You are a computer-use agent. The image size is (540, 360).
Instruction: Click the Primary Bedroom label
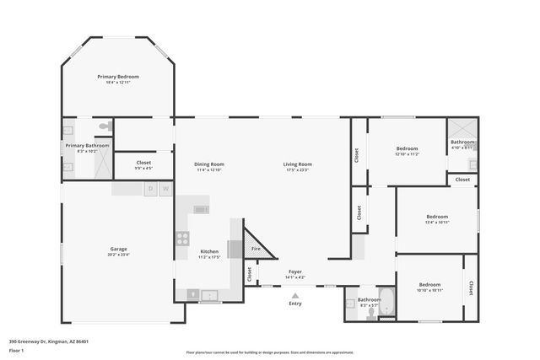pyautogui.click(x=117, y=77)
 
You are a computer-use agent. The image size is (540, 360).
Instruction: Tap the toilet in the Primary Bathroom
pyautogui.click(x=104, y=126)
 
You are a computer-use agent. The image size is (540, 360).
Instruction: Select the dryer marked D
pyautogui.click(x=150, y=188)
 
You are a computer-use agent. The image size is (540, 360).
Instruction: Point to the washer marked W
pyautogui.click(x=165, y=188)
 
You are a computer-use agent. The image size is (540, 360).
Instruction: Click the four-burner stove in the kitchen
pyautogui.click(x=182, y=239)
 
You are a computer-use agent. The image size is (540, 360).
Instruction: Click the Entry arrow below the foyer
pyautogui.click(x=294, y=295)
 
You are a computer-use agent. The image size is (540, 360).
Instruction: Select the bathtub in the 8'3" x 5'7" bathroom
pyautogui.click(x=386, y=302)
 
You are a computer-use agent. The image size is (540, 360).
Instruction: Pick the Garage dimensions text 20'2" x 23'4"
pyautogui.click(x=118, y=255)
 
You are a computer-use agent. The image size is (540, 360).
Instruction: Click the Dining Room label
pyautogui.click(x=208, y=164)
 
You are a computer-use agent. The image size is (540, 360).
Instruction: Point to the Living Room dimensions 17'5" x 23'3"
pyautogui.click(x=297, y=170)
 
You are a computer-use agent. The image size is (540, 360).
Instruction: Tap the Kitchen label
pyautogui.click(x=209, y=251)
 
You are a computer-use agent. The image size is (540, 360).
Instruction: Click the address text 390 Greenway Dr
pyautogui.click(x=49, y=341)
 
